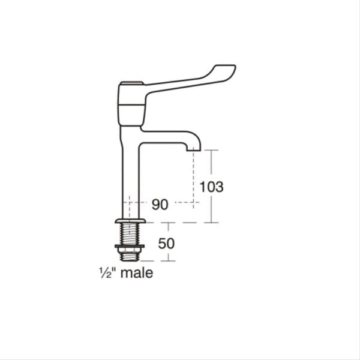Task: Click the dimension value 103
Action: click(x=211, y=187)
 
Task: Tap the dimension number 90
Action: click(x=160, y=205)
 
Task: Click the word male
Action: click(x=137, y=274)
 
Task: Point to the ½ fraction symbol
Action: click(x=103, y=273)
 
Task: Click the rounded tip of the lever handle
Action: click(x=230, y=68)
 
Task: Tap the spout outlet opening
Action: click(x=193, y=149)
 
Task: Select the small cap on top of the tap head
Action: click(x=131, y=83)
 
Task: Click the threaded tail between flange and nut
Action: click(x=130, y=234)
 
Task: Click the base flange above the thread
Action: click(x=130, y=222)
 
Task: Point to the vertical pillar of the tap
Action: click(x=130, y=174)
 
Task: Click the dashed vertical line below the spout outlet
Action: click(x=193, y=177)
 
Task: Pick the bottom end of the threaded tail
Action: click(x=130, y=258)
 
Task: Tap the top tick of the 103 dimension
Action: click(x=211, y=149)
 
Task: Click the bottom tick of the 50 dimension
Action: click(x=168, y=261)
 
